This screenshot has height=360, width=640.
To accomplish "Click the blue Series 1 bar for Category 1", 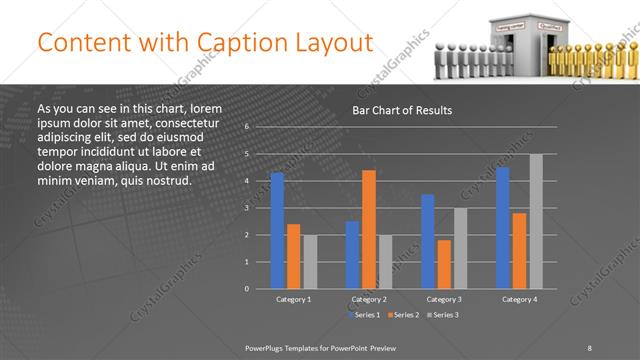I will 277,231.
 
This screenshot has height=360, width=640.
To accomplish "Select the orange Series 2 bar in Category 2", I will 369,229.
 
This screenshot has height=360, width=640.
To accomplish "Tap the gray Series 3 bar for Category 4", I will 536,221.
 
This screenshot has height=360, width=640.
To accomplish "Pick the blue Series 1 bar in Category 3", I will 428,241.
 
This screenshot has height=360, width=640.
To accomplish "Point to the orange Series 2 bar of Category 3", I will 444,264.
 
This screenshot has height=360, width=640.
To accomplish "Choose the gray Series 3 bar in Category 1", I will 309,262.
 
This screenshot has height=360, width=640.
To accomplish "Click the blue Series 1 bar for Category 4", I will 503,228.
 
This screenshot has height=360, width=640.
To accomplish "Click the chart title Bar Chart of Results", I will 403,110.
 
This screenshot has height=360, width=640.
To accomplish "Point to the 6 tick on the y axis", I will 246,127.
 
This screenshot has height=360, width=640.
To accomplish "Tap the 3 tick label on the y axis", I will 246,208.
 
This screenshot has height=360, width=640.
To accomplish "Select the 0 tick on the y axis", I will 246,289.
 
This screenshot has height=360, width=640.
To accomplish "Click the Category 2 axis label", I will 369,299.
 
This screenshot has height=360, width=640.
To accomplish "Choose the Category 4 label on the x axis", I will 519,299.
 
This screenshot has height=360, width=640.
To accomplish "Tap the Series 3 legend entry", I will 446,315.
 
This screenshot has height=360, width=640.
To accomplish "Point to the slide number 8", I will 590,347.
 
